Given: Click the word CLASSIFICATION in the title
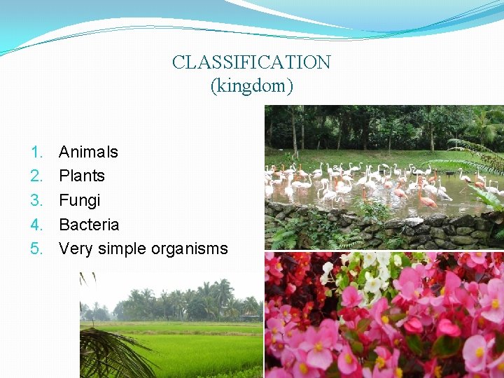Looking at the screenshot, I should [251, 62].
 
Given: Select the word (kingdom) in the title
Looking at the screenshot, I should [251, 86].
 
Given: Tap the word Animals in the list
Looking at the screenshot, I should [88, 152].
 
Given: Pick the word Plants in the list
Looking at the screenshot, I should [81, 176].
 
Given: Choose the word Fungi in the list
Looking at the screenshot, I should [79, 200].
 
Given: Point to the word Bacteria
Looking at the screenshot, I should [89, 225].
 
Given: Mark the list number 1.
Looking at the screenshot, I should [36, 152].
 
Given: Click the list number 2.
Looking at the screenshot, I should [36, 176].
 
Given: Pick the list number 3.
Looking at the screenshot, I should [36, 200].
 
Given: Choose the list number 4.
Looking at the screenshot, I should [36, 225].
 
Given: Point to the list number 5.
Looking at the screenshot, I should [36, 249].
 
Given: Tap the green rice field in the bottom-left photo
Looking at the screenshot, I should [196, 350].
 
